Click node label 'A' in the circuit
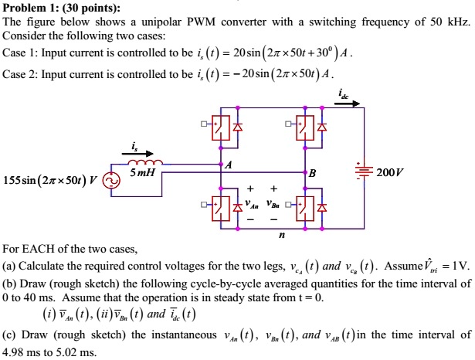click(x=228, y=164)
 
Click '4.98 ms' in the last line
click(x=22, y=352)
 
